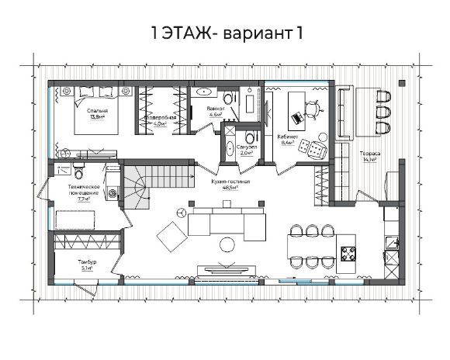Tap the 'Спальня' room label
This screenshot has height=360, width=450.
[97, 111]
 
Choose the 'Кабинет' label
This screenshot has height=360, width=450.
[286, 137]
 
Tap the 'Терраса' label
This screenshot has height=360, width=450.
[369, 153]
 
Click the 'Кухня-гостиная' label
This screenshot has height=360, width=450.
[229, 181]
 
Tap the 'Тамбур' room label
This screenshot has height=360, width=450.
[86, 265]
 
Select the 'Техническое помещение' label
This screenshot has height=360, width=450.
[82, 190]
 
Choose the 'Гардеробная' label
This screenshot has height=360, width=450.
[159, 117]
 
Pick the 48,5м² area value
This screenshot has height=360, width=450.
[229, 187]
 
